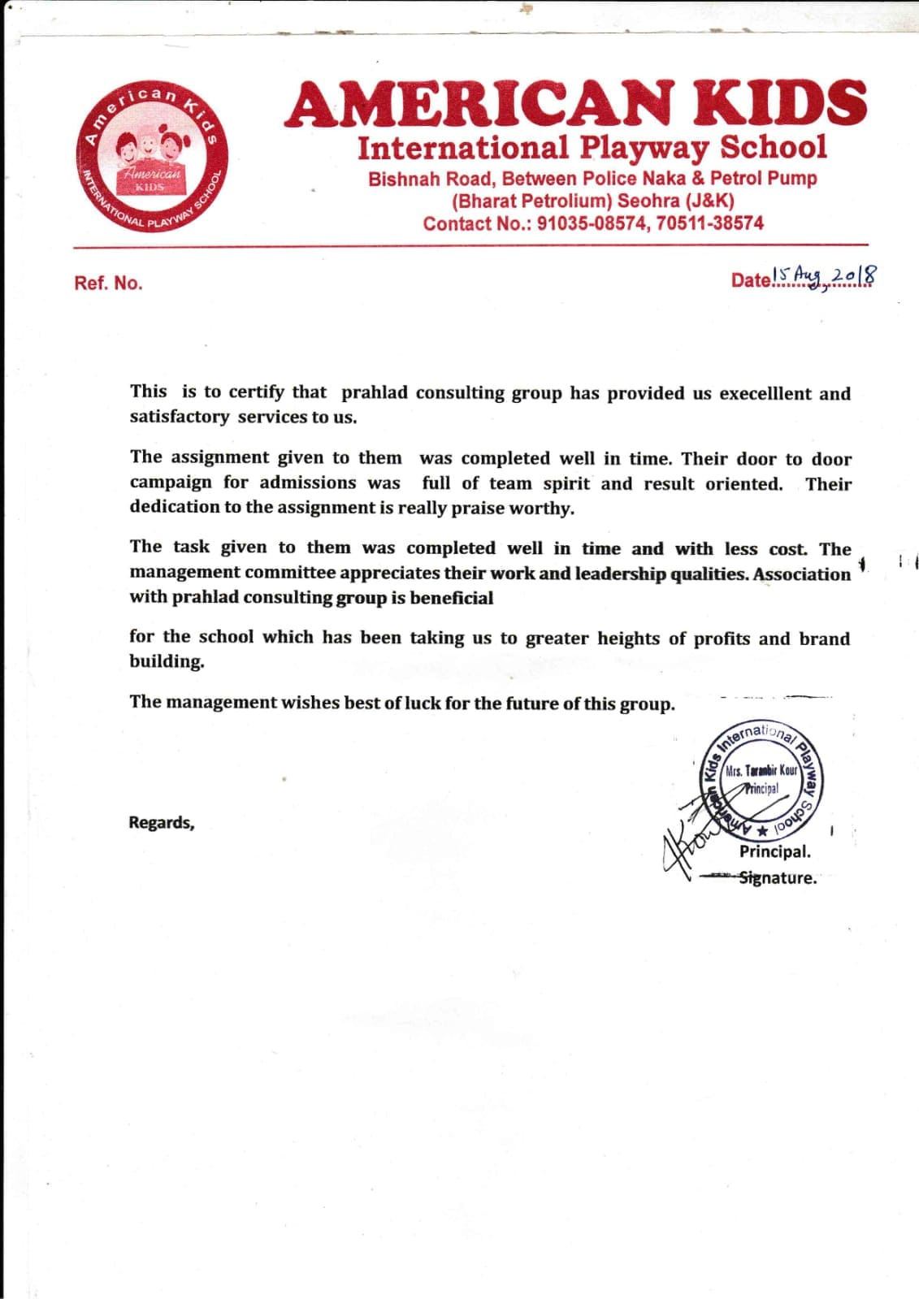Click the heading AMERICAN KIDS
click(x=575, y=104)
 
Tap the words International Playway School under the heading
click(x=592, y=148)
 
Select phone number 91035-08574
click(x=592, y=223)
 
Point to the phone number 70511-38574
click(x=709, y=223)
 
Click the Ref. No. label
click(x=108, y=284)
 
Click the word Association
click(x=802, y=574)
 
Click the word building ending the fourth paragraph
click(x=166, y=662)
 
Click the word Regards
click(x=161, y=823)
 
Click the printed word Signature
click(x=777, y=878)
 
